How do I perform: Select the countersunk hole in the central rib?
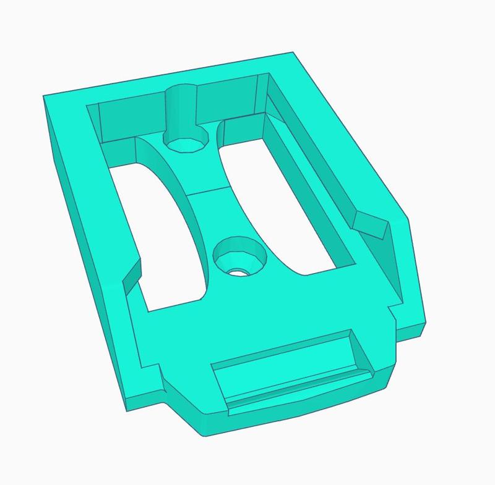pos(239,257)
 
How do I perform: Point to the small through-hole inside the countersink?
pos(237,271)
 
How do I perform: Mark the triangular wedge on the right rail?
pos(371,226)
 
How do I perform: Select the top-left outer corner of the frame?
pos(45,96)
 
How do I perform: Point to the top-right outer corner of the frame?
pos(296,54)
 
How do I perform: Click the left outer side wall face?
pos(87,247)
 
